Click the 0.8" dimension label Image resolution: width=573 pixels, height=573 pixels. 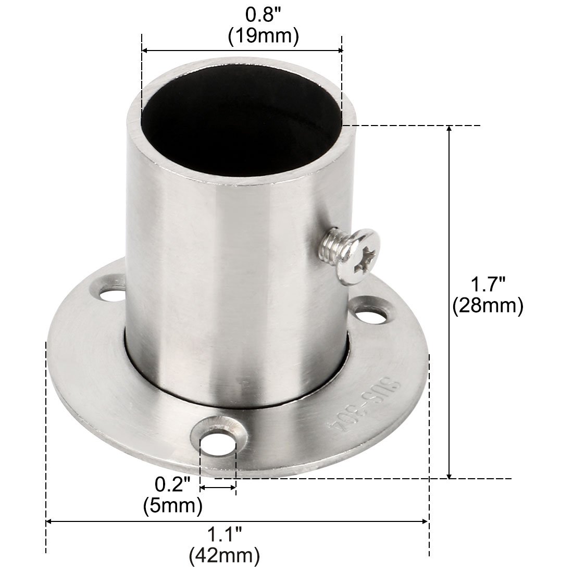[263, 15]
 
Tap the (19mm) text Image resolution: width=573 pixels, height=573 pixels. [264, 36]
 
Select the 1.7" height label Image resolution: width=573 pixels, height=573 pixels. [488, 284]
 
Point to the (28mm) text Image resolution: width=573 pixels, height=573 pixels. [488, 305]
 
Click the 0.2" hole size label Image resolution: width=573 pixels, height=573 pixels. [172, 485]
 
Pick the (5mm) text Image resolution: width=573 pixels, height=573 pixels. [173, 506]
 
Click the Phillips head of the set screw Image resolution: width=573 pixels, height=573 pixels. [360, 256]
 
